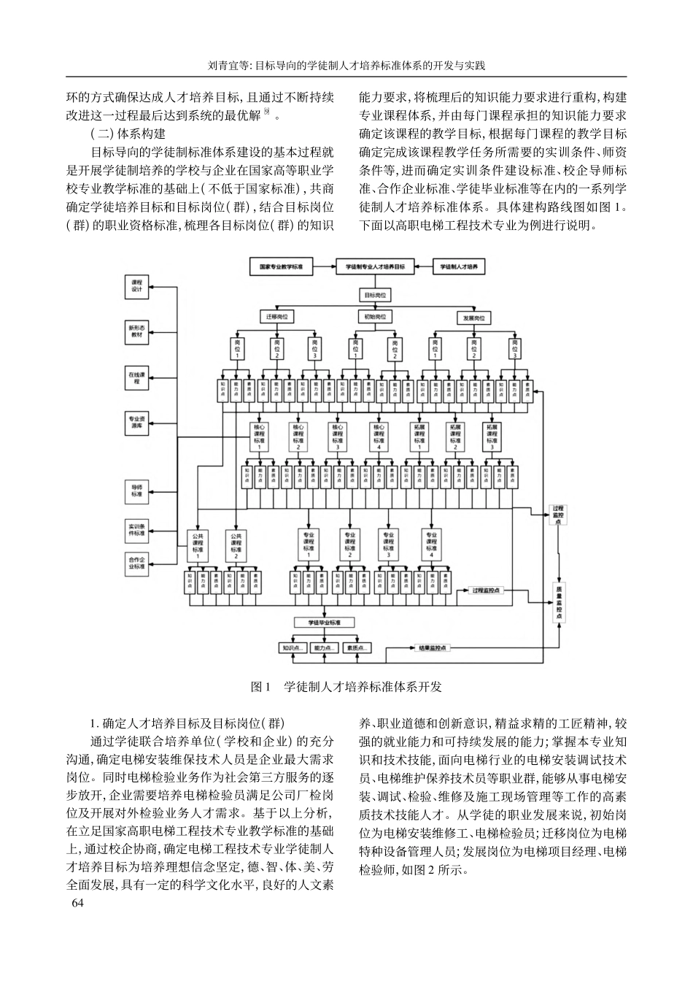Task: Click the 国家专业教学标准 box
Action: [281, 268]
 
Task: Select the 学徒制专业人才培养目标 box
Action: [375, 268]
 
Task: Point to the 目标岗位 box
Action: [375, 295]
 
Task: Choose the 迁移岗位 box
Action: [276, 317]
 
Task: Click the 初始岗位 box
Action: [375, 317]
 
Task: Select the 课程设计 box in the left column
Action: [136, 287]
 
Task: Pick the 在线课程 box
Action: [136, 377]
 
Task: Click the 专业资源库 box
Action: [136, 423]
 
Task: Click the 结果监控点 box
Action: [433, 647]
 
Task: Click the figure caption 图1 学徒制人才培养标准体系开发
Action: [346, 687]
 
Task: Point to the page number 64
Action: [78, 904]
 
